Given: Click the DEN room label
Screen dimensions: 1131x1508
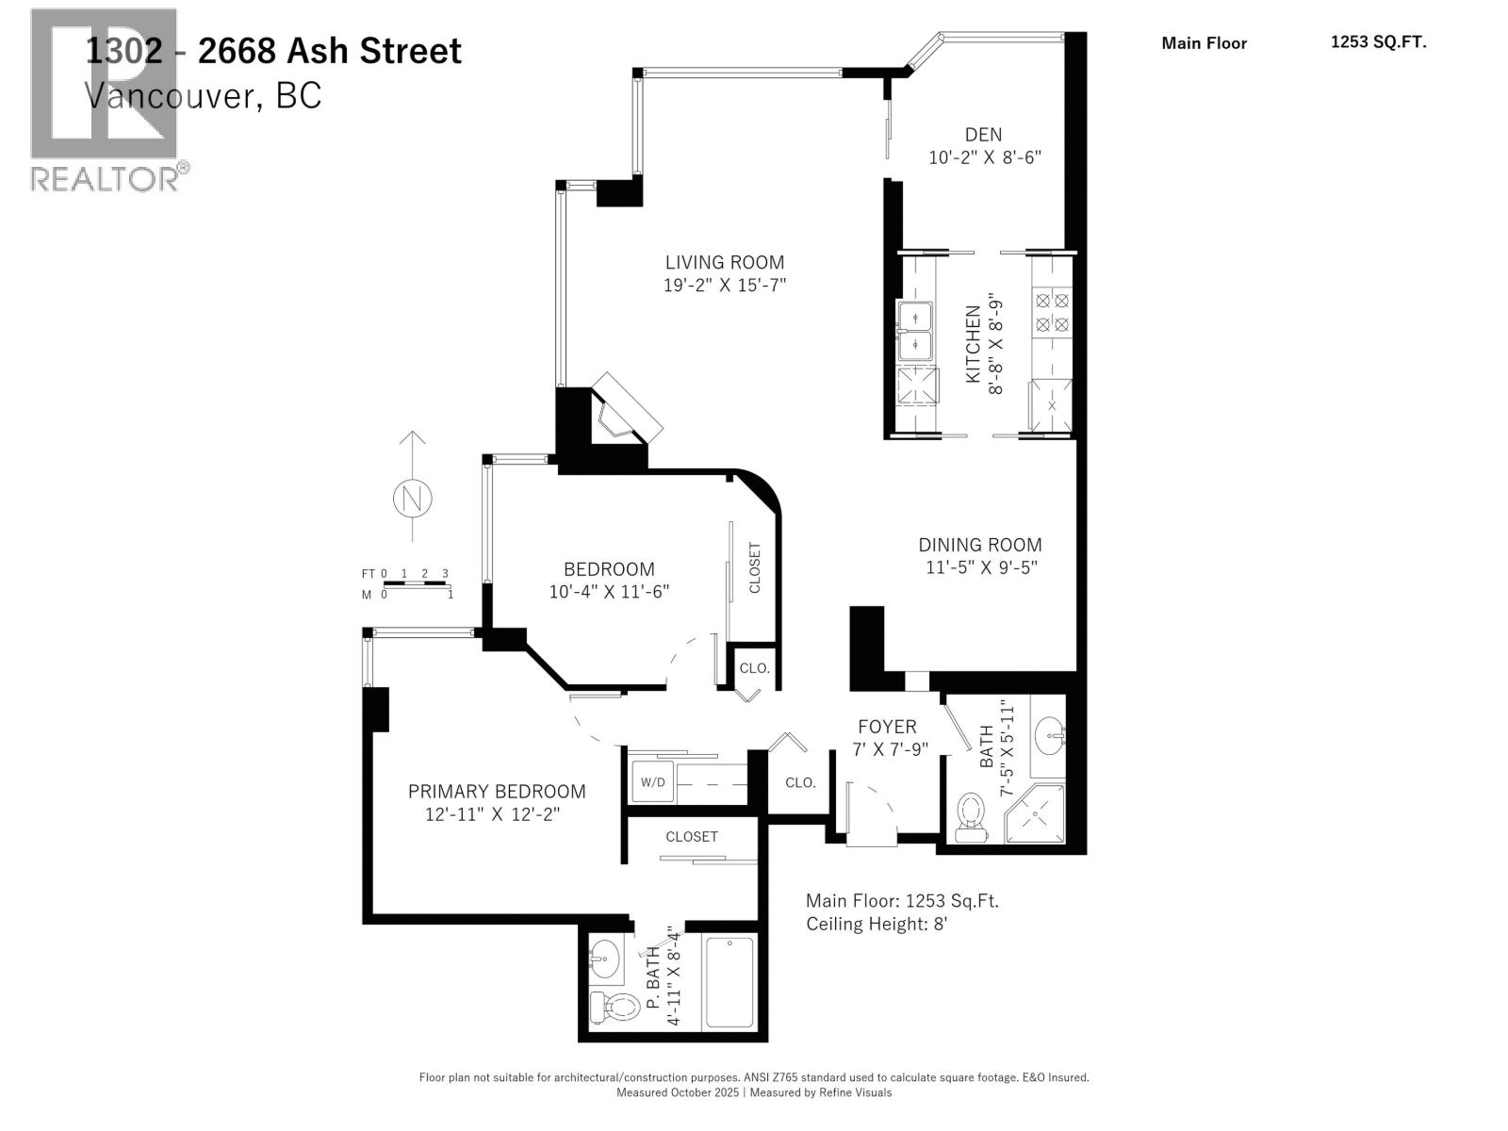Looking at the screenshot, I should pos(983,135).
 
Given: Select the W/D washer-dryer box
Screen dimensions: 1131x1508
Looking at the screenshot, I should pos(652,782).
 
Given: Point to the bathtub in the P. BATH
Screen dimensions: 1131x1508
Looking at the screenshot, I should pos(729,982).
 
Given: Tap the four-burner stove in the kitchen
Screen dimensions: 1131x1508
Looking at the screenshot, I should pos(1052,313).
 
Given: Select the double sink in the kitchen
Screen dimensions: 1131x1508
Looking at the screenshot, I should pos(914,332).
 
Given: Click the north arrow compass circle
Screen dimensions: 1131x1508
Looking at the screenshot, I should pos(411,498).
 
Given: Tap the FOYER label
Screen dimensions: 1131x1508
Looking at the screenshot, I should pos(887,727).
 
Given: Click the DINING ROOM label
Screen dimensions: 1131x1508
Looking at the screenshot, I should pos(980,545).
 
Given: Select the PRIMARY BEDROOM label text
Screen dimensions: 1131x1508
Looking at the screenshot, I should pos(497,792).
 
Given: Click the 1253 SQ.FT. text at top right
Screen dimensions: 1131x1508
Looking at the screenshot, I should pos(1378,41).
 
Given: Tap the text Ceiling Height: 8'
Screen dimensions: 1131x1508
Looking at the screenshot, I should pos(877,924).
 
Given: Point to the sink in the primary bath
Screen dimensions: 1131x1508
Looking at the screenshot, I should pos(605,959).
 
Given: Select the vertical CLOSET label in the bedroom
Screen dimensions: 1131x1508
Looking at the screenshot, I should pos(755,567).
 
